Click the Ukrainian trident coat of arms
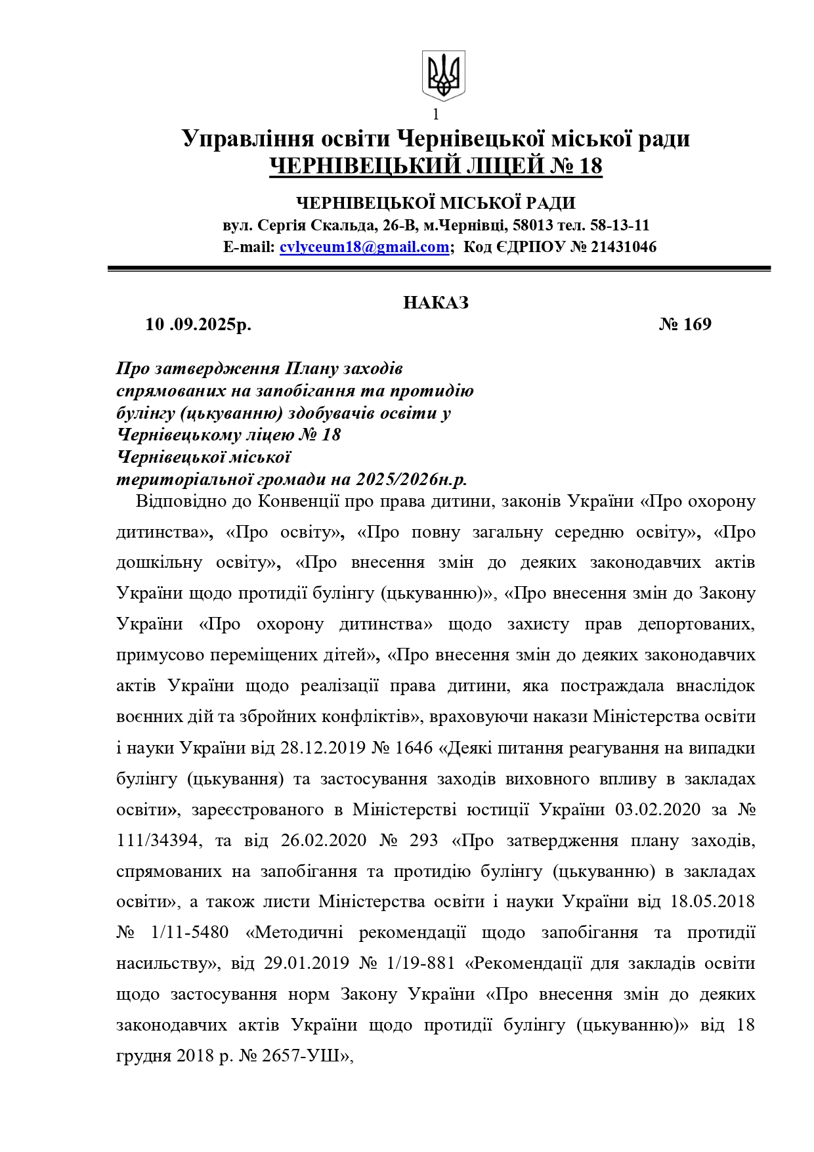443,75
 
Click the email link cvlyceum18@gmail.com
364,247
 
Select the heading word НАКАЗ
436,303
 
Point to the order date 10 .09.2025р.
198,324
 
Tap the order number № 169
685,324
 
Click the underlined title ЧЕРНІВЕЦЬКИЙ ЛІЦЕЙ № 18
436,166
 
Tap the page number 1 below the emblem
436,114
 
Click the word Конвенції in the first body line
299,501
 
